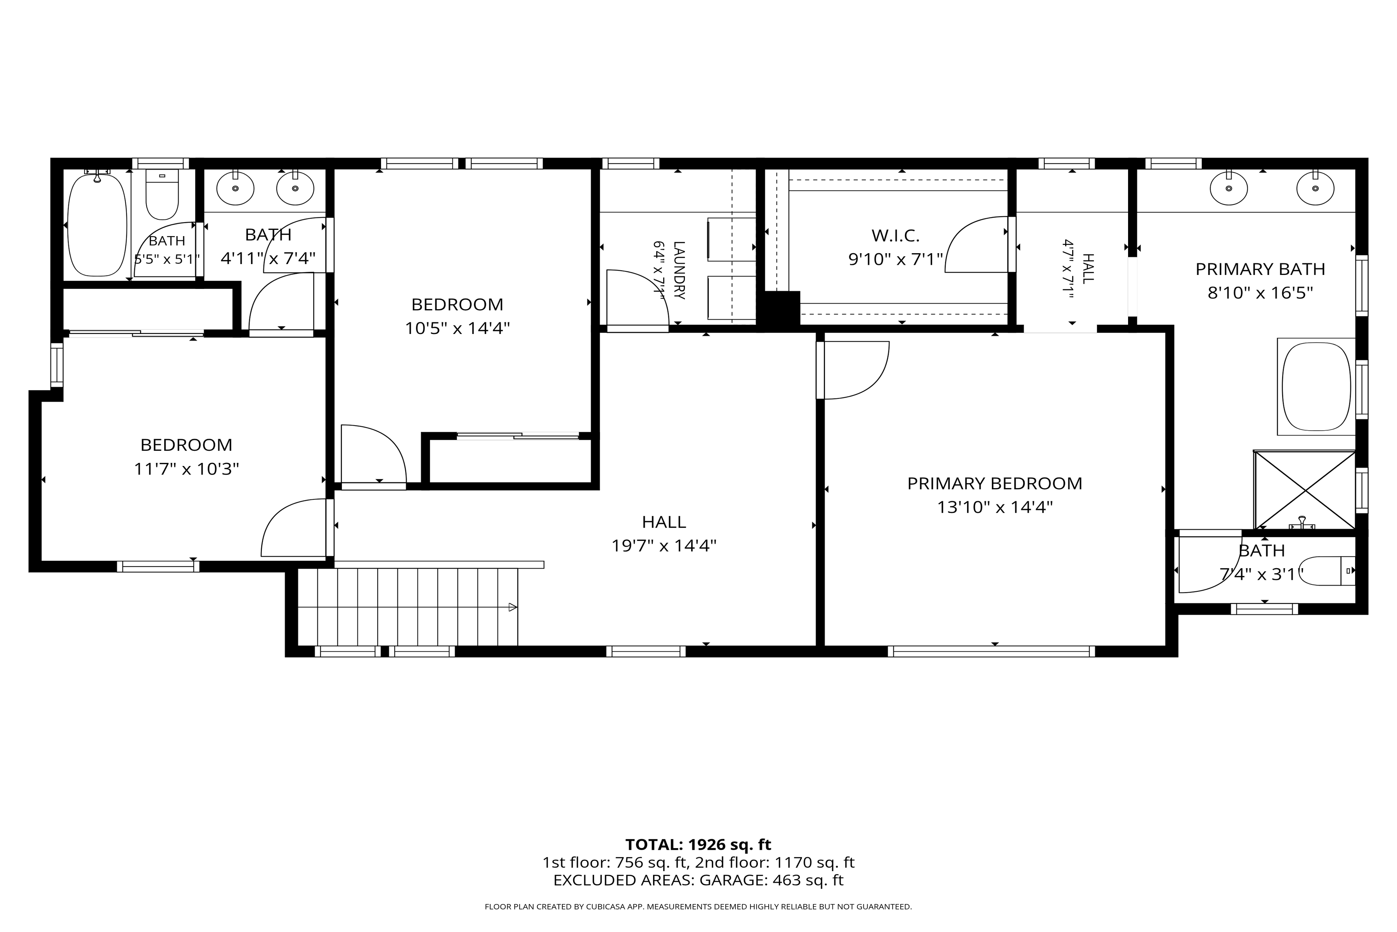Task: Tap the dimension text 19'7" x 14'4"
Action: coord(664,546)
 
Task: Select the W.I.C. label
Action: coord(895,236)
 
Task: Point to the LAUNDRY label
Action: coord(679,270)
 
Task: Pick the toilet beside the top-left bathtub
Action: coord(162,196)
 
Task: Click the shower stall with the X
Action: coord(1304,490)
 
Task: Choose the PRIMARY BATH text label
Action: coord(1260,269)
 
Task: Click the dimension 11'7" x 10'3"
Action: coord(187,469)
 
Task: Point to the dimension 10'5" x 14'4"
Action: coord(458,328)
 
